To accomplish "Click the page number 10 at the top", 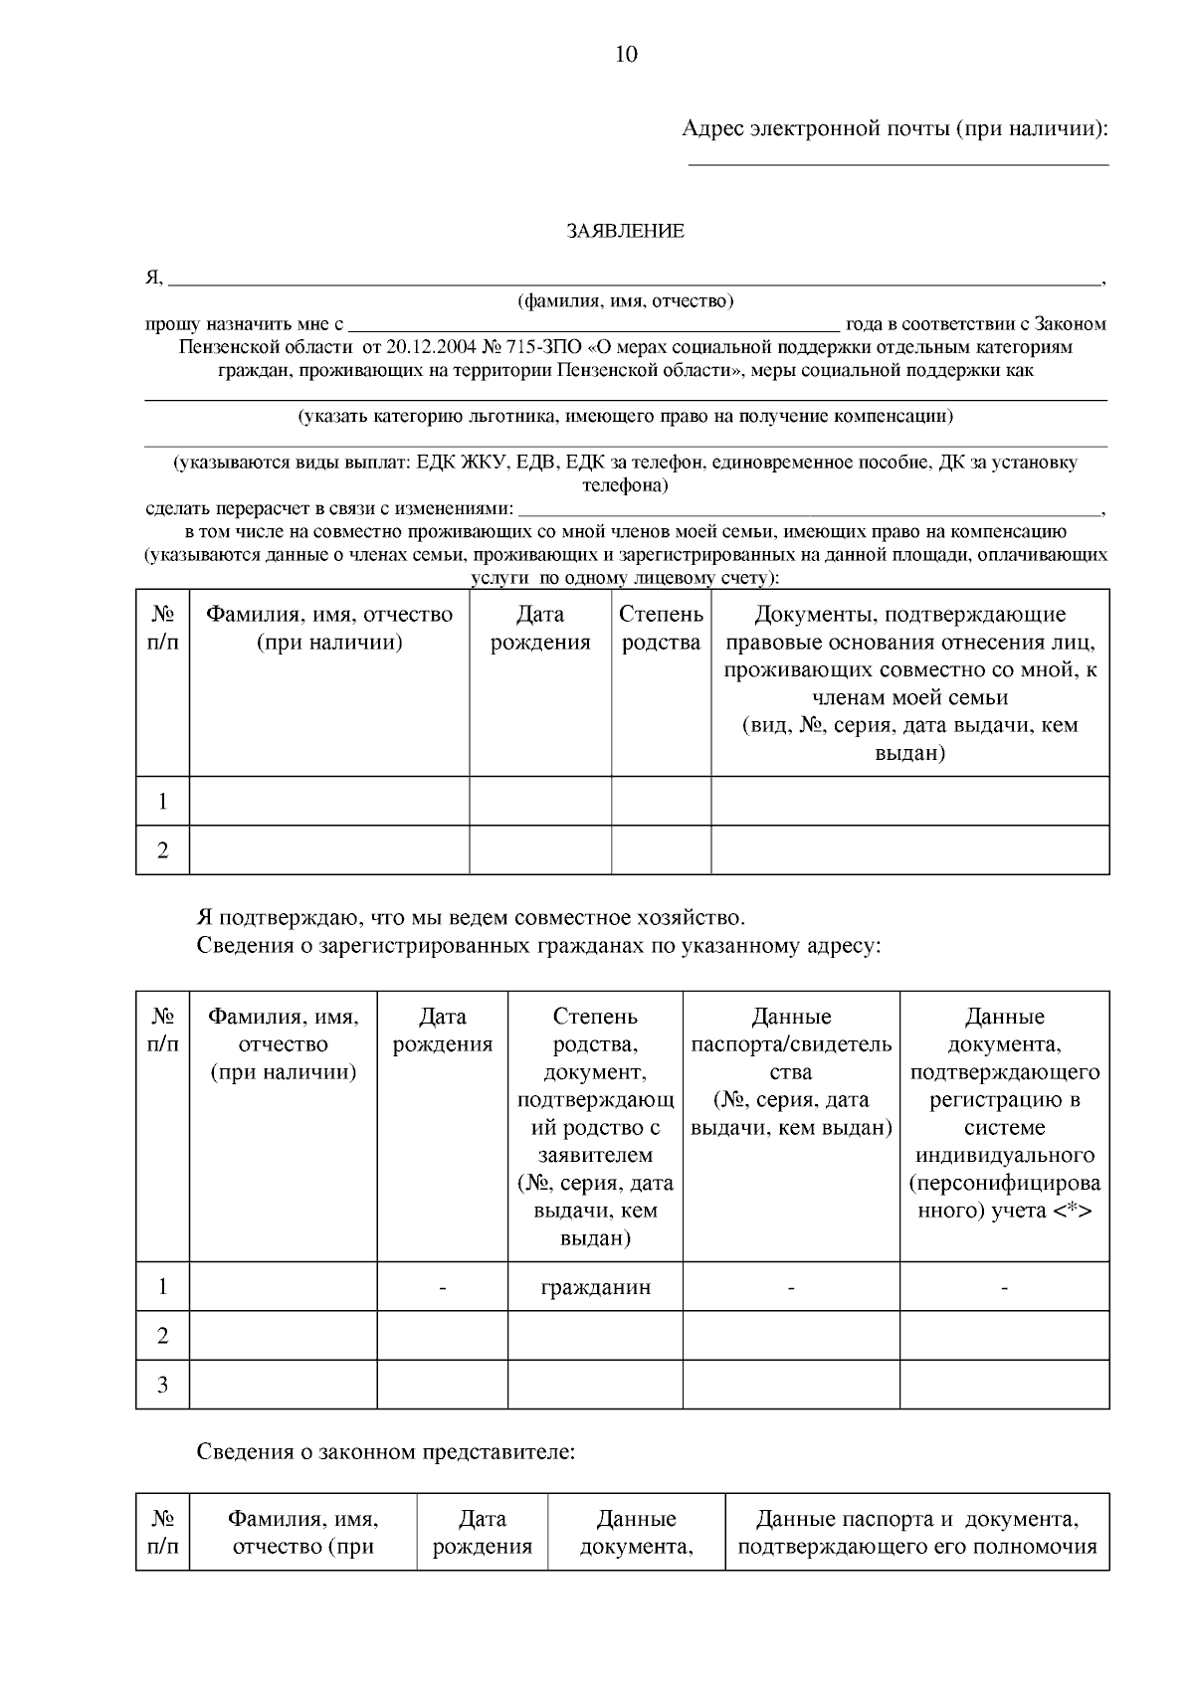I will coord(626,55).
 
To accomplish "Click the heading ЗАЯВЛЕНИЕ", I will coord(625,232).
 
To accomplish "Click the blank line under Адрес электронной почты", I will coord(898,162).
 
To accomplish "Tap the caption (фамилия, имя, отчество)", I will coord(625,300).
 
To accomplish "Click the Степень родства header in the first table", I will coord(661,629).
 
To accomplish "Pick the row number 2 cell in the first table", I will coord(163,850).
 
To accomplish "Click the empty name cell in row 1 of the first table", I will coord(328,801).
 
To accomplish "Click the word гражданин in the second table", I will coord(595,1287).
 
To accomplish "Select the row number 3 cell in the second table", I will coord(163,1385).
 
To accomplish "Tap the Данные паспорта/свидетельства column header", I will coord(791,1072).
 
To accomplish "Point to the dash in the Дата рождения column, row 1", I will coord(443,1288).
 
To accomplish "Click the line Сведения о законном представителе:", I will coord(386,1451).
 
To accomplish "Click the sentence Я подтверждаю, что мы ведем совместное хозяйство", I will coord(470,917).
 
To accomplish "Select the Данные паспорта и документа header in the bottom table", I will coord(917,1533).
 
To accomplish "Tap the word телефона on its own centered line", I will coord(625,486).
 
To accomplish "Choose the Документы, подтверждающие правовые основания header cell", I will coord(909,683).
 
